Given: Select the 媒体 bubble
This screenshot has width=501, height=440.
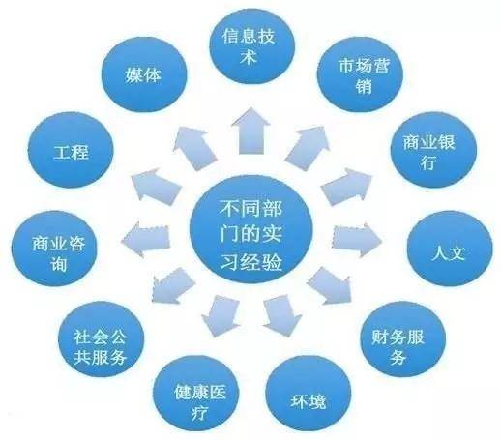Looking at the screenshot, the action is (x=144, y=74).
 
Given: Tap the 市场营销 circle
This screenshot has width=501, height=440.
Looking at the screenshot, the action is (x=360, y=74).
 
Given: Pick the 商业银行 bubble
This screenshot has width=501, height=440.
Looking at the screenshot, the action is (x=433, y=150).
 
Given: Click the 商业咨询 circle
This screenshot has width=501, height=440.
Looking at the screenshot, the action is (x=54, y=249).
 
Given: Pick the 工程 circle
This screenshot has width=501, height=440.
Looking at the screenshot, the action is (x=71, y=150).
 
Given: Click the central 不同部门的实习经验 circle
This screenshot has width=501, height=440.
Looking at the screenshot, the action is (x=251, y=229).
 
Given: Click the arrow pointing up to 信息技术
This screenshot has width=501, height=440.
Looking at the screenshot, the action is (x=250, y=132).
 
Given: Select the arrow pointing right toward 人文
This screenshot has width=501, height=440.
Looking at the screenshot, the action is (x=357, y=240).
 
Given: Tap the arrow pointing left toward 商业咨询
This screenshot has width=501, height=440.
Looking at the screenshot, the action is (x=146, y=240).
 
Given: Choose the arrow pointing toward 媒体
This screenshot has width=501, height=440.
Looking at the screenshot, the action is (x=194, y=147).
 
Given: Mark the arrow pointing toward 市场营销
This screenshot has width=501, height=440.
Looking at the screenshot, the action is (x=308, y=147).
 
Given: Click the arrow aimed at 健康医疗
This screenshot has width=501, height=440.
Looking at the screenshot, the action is (x=221, y=315).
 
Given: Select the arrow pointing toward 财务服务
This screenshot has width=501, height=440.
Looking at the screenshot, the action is (x=329, y=285).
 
